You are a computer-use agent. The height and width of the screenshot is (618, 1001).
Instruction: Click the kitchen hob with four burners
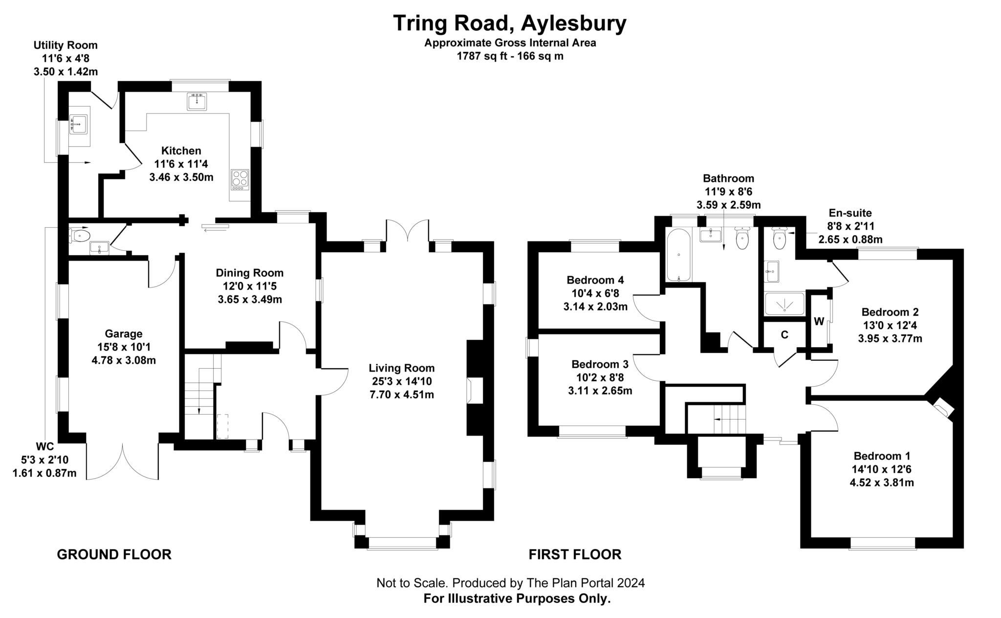(239, 179)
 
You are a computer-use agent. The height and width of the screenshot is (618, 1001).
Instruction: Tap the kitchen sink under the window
(196, 102)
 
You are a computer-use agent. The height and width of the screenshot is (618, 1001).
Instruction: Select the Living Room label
(401, 368)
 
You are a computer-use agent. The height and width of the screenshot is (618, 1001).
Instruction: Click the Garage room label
(124, 334)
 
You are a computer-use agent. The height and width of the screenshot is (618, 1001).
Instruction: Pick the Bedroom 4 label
(595, 280)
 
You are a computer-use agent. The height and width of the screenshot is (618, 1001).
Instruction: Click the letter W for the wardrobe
(819, 322)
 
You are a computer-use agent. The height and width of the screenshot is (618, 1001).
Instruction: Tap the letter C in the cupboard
(784, 335)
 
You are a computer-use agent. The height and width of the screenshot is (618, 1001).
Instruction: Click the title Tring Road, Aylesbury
(509, 23)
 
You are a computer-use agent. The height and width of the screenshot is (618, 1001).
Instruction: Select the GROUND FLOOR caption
(114, 554)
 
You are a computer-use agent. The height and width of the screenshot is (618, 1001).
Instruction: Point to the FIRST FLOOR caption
(575, 554)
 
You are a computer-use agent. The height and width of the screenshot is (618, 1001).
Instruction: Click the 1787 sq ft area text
(510, 56)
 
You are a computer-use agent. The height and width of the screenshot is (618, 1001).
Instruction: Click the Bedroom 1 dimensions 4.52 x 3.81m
(882, 483)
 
